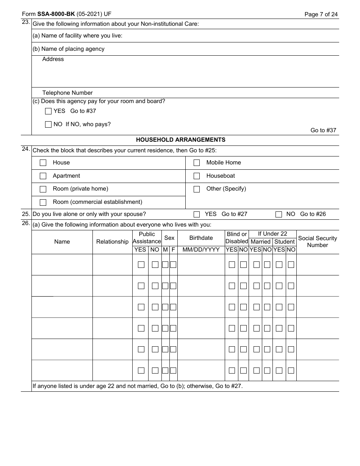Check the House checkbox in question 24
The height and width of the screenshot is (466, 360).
pyautogui.click(x=43, y=163)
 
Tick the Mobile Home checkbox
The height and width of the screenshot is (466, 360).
pyautogui.click(x=197, y=163)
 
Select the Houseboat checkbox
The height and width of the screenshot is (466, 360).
pyautogui.click(x=197, y=176)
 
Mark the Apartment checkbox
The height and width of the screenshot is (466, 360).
pyautogui.click(x=43, y=176)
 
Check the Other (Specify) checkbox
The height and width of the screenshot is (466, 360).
pyautogui.click(x=197, y=189)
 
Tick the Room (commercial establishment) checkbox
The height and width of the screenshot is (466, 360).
pyautogui.click(x=43, y=202)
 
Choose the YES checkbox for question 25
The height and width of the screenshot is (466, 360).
pyautogui.click(x=197, y=214)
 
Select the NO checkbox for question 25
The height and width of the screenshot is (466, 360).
pyautogui.click(x=279, y=214)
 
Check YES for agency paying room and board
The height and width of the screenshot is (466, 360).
pyautogui.click(x=48, y=111)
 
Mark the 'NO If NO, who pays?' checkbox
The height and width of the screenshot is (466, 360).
pyautogui.click(x=48, y=124)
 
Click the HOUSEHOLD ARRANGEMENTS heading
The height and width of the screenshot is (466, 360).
pyautogui.click(x=180, y=140)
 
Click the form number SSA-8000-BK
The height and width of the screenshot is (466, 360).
pyautogui.click(x=56, y=14)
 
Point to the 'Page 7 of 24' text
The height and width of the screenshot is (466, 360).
pyautogui.click(x=321, y=14)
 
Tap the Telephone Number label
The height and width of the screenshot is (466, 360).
pyautogui.click(x=67, y=93)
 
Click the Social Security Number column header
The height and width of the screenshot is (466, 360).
pyautogui.click(x=317, y=242)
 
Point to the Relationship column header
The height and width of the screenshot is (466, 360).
pyautogui.click(x=112, y=242)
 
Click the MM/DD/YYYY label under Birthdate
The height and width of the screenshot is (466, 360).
pyautogui.click(x=201, y=250)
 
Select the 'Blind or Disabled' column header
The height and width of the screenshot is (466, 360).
pyautogui.click(x=236, y=238)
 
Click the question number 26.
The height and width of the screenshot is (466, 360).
pyautogui.click(x=26, y=223)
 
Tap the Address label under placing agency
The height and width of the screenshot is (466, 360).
pyautogui.click(x=53, y=59)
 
